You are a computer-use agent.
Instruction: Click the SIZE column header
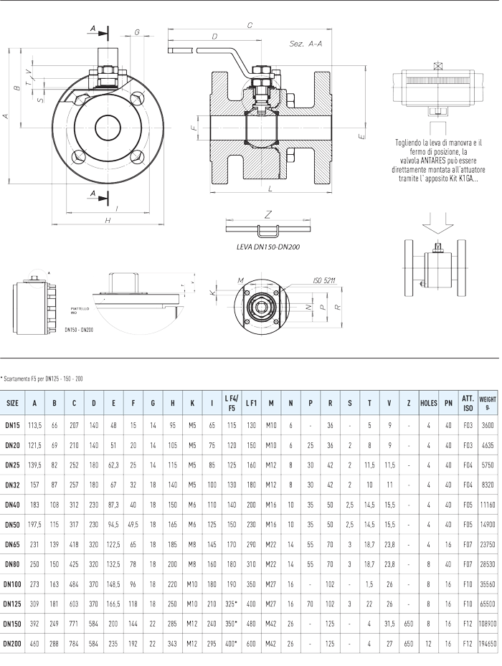tap(13, 403)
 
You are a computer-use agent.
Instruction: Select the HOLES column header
tap(428, 403)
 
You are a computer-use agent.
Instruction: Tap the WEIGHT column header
tap(488, 403)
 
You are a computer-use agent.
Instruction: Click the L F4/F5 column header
tap(231, 403)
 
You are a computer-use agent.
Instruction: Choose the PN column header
tap(448, 403)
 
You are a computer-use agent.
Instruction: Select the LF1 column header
tap(252, 403)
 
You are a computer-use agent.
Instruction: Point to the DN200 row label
tap(13, 639)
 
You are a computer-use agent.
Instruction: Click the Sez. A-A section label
tap(304, 44)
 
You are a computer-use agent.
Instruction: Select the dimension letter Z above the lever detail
tap(267, 213)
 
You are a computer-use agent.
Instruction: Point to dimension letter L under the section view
tap(267, 188)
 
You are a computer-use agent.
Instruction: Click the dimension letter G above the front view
tap(137, 32)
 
